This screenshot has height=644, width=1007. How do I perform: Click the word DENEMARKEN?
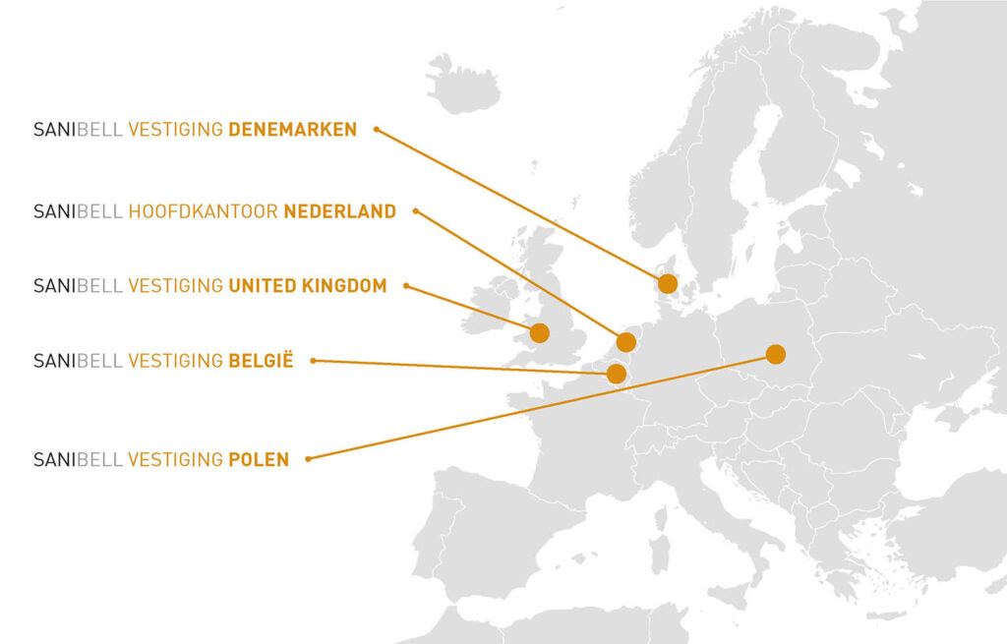(x=292, y=129)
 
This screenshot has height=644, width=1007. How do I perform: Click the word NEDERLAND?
(x=339, y=210)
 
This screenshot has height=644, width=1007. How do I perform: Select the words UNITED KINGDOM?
(x=307, y=285)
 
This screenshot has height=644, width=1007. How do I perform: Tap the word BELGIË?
(x=261, y=361)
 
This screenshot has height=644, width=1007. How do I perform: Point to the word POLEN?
(x=259, y=459)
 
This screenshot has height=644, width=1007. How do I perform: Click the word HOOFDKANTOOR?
(x=204, y=210)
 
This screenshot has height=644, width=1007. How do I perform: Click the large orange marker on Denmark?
(x=668, y=284)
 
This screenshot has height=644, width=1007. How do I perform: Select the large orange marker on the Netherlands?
(x=625, y=342)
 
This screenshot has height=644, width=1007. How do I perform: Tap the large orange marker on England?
(x=539, y=333)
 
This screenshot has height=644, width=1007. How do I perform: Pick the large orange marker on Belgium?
(x=616, y=374)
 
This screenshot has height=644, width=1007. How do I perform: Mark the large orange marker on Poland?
(x=776, y=354)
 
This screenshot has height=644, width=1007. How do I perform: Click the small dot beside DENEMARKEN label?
(x=376, y=129)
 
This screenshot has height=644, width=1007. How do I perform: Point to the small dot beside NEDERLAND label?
(x=415, y=210)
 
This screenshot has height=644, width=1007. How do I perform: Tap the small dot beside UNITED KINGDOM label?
(x=406, y=286)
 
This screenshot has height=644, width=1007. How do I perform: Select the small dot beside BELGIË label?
(x=313, y=361)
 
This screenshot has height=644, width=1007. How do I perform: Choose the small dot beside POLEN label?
(x=308, y=458)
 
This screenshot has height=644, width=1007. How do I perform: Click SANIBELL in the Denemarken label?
(x=78, y=129)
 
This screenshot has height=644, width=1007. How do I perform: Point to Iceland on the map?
(x=463, y=83)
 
